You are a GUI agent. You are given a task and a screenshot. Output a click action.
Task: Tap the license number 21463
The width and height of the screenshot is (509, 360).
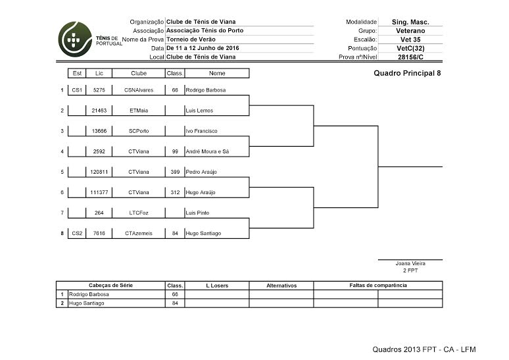tap(99, 110)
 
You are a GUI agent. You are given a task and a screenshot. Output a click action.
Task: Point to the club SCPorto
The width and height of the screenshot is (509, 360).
tap(139, 131)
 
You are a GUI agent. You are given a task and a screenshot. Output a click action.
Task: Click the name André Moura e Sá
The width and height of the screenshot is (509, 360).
tap(208, 151)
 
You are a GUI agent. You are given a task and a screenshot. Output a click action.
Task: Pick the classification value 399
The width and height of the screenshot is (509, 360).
tap(174, 172)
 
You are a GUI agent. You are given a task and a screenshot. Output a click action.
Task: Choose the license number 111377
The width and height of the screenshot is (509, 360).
tap(99, 192)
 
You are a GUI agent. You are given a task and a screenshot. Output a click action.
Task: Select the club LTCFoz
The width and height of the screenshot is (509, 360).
tap(139, 213)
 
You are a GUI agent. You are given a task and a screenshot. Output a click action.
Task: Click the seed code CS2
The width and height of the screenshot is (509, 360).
tap(77, 234)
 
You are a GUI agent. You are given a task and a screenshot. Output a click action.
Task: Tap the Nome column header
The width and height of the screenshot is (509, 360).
tap(217, 73)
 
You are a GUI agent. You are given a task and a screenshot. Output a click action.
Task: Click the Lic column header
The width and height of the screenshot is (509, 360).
tap(99, 73)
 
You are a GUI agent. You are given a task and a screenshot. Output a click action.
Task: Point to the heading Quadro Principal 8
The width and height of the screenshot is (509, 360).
tap(407, 73)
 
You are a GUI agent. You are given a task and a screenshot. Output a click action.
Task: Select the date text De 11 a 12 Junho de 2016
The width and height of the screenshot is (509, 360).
tap(203, 48)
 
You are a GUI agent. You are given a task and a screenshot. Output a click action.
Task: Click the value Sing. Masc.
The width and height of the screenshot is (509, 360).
tap(410, 22)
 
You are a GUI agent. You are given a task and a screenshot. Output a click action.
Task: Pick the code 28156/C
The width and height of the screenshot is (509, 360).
tap(410, 57)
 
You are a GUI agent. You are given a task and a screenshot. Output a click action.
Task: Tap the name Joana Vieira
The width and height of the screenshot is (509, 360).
tap(410, 263)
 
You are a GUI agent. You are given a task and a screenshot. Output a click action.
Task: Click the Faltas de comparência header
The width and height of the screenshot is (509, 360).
tap(378, 286)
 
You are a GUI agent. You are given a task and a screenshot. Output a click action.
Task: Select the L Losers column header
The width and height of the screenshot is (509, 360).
tap(217, 286)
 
